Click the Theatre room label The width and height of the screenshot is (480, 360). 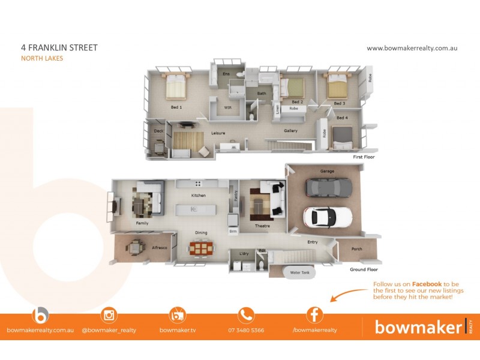tap(262, 226)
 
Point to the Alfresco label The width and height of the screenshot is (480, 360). tap(159, 247)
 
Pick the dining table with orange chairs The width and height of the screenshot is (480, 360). tap(200, 247)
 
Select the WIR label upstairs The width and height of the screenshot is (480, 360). tap(227, 107)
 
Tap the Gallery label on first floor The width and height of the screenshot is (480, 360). tap(290, 130)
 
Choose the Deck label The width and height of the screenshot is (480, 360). tap(158, 131)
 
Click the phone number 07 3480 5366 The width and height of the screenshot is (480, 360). tap(246, 330)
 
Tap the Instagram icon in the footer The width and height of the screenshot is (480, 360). tap(109, 314)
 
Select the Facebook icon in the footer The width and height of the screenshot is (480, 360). tap(314, 314)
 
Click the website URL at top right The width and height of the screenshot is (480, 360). tap(412, 48)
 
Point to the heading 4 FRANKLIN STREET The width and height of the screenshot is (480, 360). tap(59, 47)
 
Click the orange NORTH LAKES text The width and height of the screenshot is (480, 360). tap(41, 58)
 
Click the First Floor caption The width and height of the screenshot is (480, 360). tap(363, 157)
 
